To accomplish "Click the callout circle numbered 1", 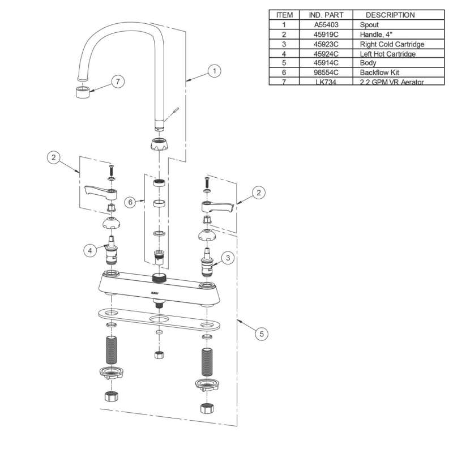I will click(213, 71).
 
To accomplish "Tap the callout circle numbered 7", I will click(117, 82).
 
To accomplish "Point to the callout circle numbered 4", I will click(89, 249).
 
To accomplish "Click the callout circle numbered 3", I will click(227, 258).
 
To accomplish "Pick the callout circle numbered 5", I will click(261, 334).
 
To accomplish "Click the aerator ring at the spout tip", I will click(82, 91).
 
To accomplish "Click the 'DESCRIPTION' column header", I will click(390, 15).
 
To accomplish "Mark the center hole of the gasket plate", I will click(159, 320).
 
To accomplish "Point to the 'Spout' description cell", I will click(369, 25).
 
